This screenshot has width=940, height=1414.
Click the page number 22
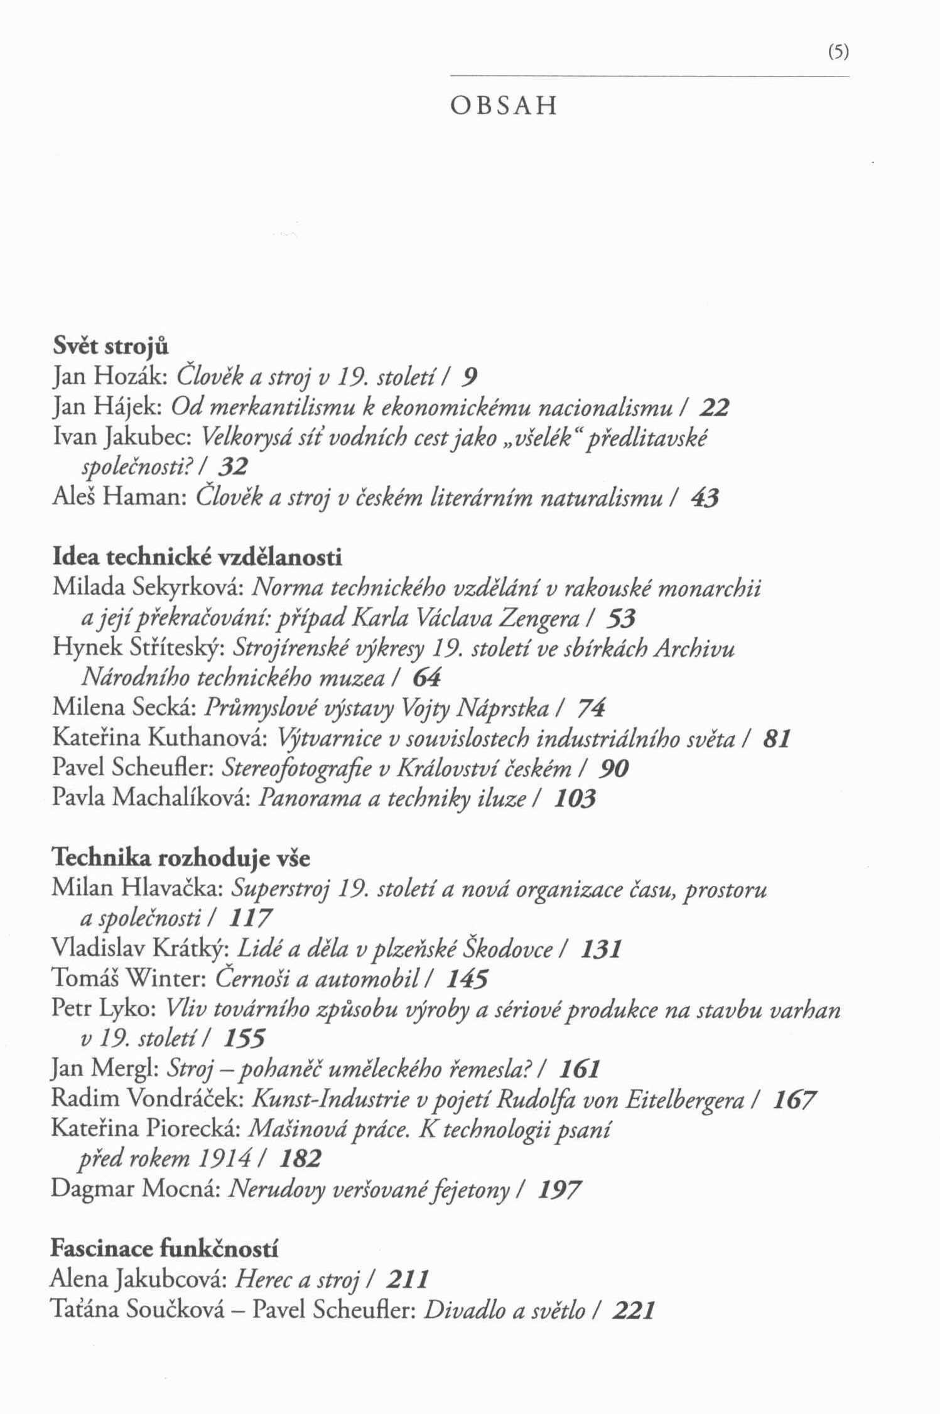pos(715,408)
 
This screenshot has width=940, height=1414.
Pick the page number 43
pos(705,499)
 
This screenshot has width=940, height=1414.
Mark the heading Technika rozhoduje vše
pos(180,858)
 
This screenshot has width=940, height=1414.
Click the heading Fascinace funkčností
pos(164,1249)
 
